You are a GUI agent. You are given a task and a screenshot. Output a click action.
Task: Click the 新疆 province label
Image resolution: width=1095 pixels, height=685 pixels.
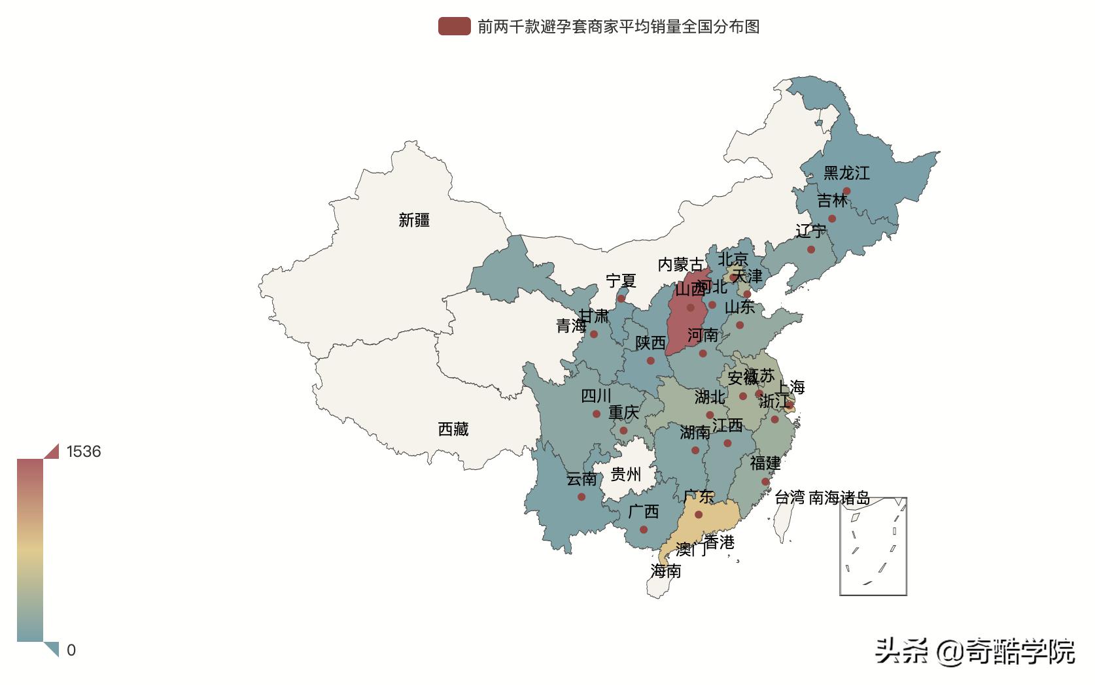click(x=414, y=220)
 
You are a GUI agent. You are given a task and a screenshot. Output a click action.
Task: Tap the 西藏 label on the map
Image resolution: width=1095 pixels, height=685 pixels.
click(x=453, y=429)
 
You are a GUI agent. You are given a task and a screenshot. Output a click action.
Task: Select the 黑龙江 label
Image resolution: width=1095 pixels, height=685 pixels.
click(x=846, y=173)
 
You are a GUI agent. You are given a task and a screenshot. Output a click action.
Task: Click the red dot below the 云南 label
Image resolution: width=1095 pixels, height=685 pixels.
click(x=582, y=497)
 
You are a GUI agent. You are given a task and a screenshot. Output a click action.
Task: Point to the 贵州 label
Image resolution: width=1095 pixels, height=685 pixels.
click(x=625, y=474)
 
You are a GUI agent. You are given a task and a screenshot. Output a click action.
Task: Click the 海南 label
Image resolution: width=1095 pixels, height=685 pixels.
click(x=666, y=571)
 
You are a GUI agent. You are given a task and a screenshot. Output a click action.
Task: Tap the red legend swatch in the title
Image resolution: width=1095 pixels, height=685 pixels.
click(x=454, y=27)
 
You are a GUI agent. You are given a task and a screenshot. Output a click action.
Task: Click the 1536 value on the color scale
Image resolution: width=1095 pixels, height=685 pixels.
click(x=83, y=452)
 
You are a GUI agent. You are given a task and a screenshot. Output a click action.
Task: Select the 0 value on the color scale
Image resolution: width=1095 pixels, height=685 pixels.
click(x=71, y=650)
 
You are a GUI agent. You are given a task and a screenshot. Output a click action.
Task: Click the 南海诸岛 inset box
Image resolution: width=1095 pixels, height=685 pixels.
click(x=873, y=546)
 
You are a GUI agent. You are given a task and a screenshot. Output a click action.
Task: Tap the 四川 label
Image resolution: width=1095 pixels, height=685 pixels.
click(x=596, y=396)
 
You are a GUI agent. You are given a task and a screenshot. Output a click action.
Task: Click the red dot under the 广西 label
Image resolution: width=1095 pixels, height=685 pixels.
click(x=644, y=530)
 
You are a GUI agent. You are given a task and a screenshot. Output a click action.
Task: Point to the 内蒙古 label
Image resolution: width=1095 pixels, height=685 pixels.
click(x=681, y=265)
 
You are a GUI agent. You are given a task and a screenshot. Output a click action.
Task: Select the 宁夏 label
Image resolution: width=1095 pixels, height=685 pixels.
click(x=621, y=281)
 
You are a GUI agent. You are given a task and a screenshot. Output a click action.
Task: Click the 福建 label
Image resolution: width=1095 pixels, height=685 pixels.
click(x=765, y=463)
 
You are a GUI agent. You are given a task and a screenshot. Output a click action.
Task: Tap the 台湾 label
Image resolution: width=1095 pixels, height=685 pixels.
click(x=790, y=498)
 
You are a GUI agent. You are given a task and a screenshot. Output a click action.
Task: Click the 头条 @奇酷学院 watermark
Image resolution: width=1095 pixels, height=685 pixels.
click(x=975, y=652)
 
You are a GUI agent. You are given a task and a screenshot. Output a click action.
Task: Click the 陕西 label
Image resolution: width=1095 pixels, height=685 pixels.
click(x=650, y=343)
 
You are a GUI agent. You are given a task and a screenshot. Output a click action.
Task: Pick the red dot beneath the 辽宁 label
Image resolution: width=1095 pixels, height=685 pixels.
click(x=811, y=250)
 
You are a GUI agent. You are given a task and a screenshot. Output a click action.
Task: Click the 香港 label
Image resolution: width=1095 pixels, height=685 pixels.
click(x=720, y=543)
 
